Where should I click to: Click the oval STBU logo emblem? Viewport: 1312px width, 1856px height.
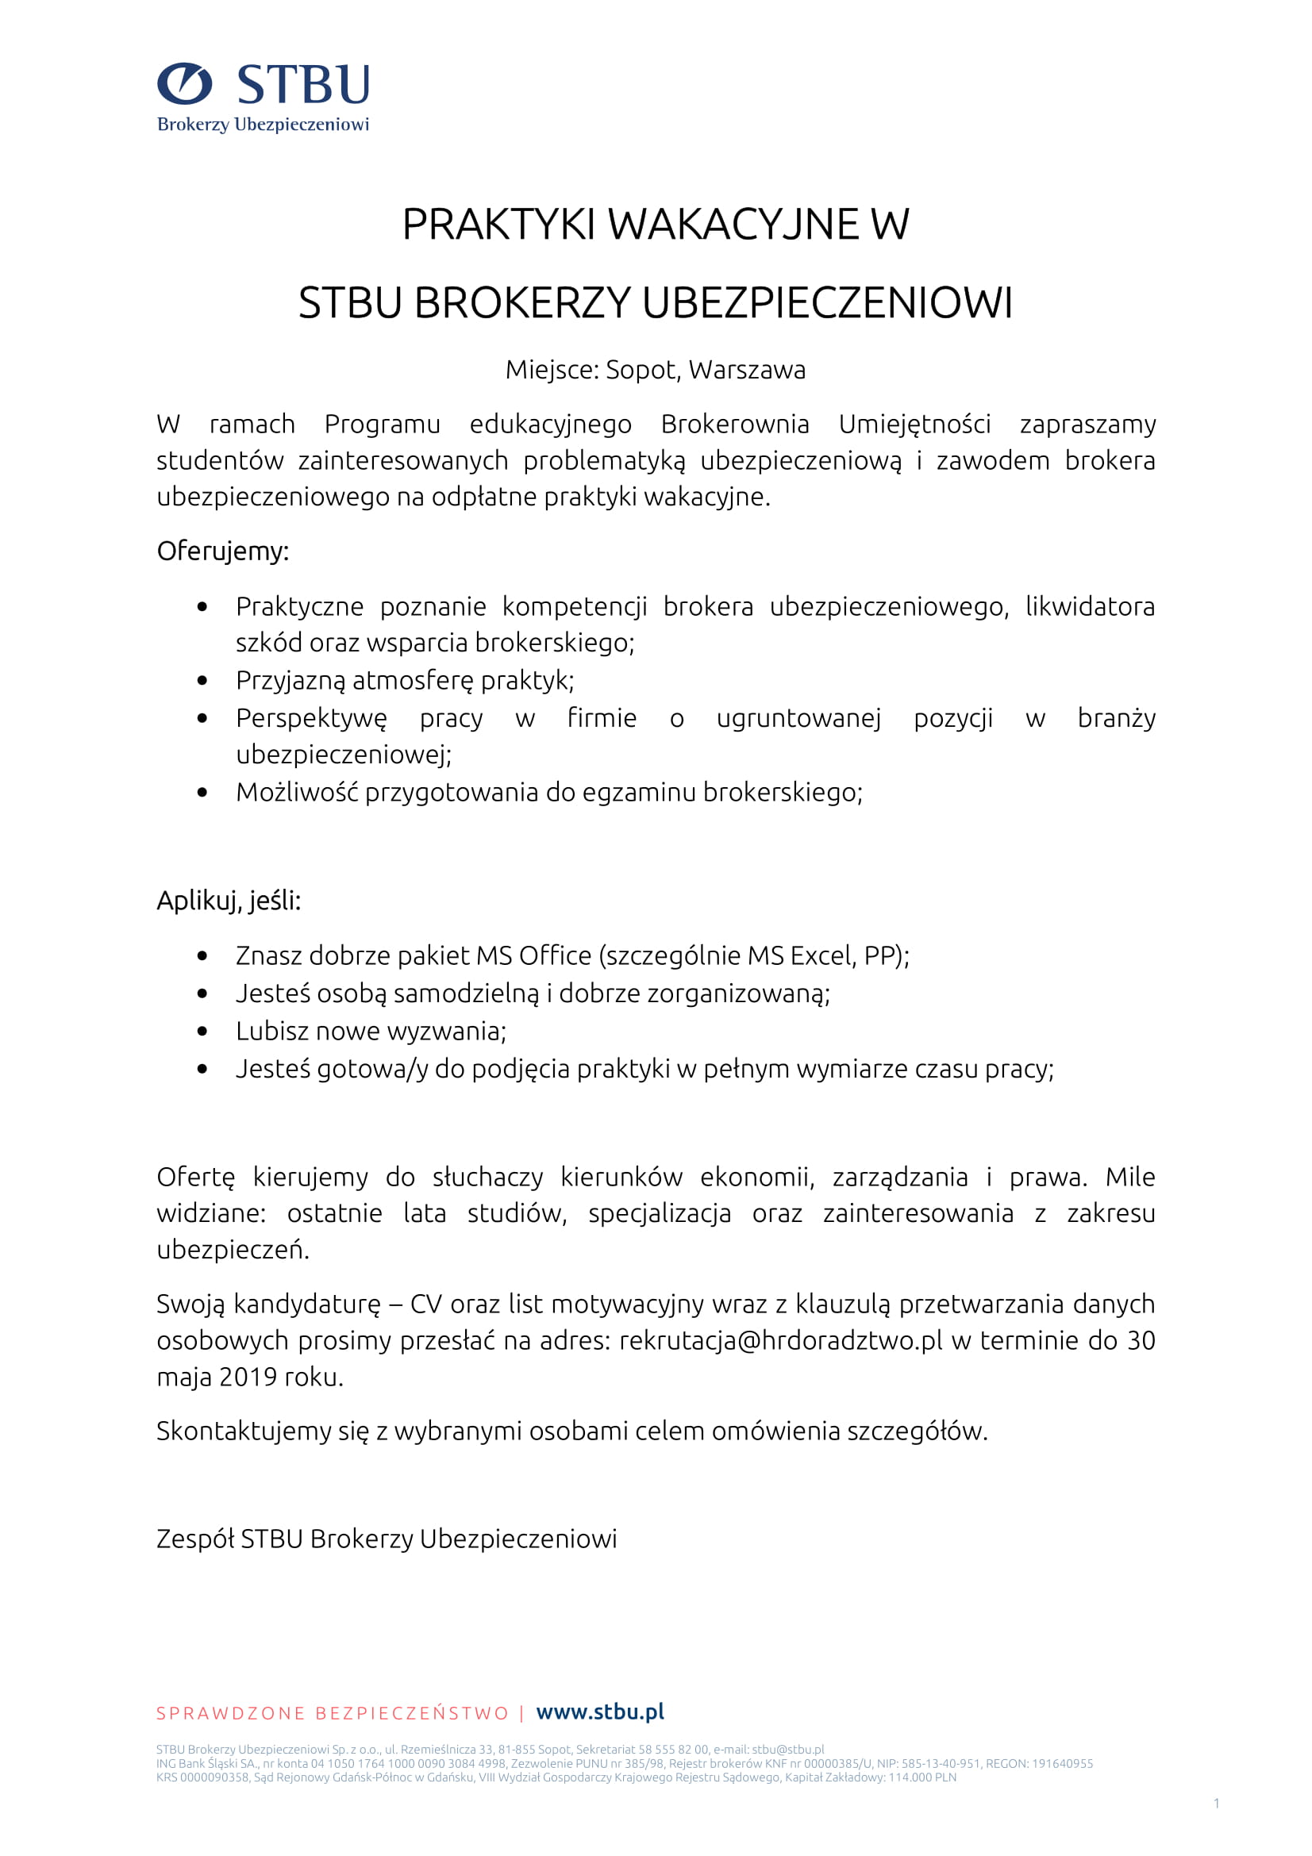[x=184, y=83]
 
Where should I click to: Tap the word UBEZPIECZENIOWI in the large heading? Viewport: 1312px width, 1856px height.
[x=827, y=303]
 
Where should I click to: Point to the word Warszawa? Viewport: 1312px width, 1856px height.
[x=747, y=370]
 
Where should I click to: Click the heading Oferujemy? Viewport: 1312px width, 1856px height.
[x=222, y=551]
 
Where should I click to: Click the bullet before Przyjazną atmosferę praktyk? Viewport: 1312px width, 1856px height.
[x=202, y=681]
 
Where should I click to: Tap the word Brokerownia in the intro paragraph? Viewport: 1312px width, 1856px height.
[x=735, y=424]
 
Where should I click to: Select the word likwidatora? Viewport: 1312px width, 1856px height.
[x=1090, y=606]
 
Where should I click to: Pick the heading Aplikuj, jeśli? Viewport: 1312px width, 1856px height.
[x=229, y=900]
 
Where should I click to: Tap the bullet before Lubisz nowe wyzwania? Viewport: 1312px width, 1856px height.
[x=202, y=1032]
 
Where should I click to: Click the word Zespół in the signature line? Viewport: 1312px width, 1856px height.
[x=194, y=1539]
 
